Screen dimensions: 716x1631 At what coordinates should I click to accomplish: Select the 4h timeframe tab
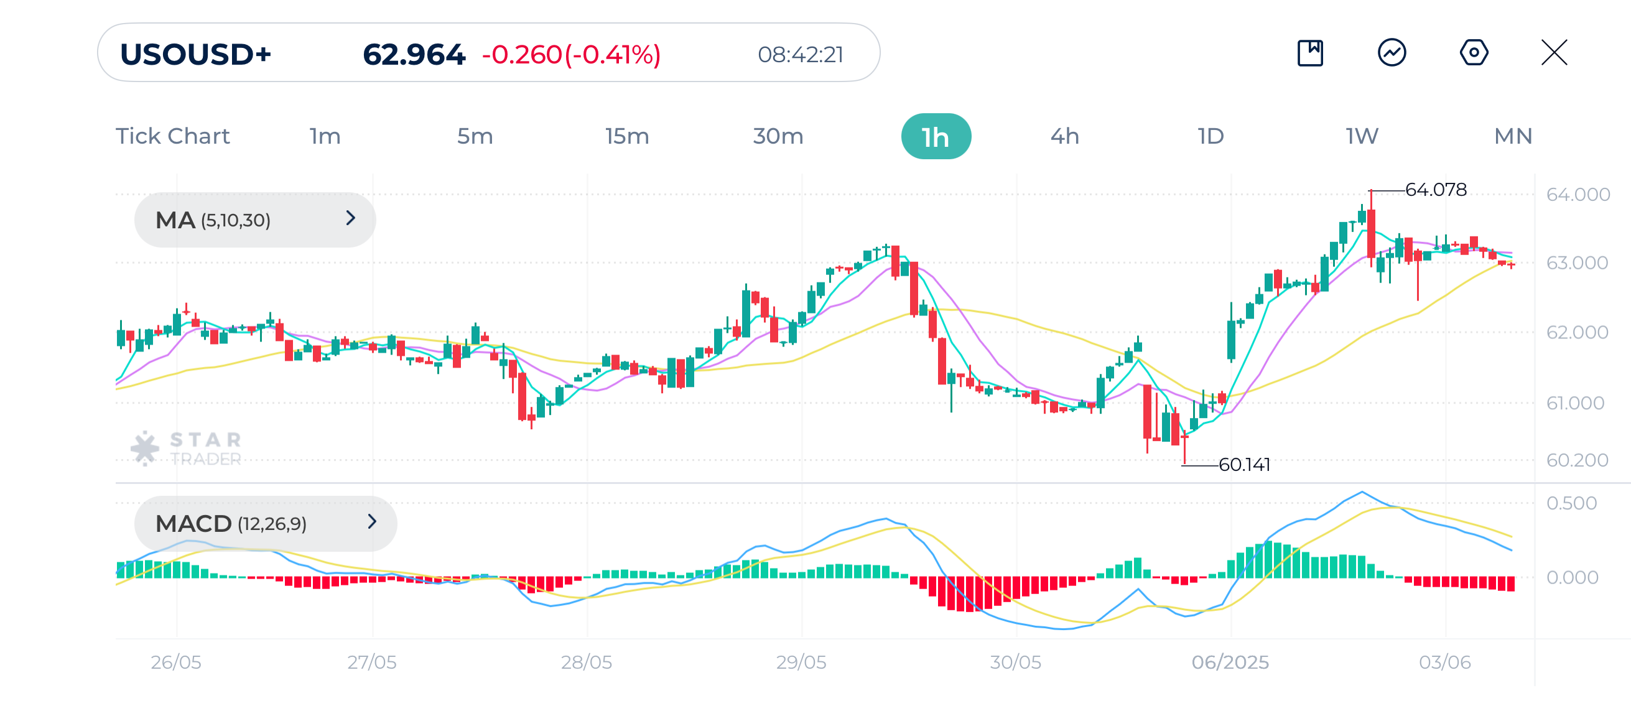[x=1064, y=136]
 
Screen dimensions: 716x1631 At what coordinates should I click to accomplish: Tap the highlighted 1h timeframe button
[x=935, y=137]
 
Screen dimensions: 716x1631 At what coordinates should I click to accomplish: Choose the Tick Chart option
[x=172, y=136]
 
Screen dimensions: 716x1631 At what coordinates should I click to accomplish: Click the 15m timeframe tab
[x=626, y=136]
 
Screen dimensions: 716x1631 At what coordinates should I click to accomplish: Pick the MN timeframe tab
[x=1512, y=136]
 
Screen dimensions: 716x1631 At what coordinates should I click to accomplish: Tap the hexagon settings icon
[x=1474, y=52]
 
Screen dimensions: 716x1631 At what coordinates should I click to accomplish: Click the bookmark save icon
[x=1309, y=52]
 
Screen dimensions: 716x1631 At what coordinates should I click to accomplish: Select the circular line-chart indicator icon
[x=1391, y=52]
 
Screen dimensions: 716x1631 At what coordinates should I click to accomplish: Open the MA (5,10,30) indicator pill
[x=254, y=220]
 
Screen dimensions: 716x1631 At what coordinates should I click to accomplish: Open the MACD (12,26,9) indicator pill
[x=264, y=523]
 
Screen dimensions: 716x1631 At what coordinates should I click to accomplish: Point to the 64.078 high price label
[x=1435, y=189]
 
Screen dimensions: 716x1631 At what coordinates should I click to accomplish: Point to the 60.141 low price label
[x=1243, y=465]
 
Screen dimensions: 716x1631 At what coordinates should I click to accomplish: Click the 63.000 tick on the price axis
[x=1576, y=263]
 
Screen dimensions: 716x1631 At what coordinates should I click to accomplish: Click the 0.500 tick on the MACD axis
[x=1571, y=503]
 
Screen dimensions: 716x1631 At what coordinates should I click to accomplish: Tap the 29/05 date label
[x=801, y=662]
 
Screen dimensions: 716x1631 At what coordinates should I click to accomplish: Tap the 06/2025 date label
[x=1230, y=662]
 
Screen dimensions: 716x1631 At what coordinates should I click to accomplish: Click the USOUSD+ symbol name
[x=196, y=55]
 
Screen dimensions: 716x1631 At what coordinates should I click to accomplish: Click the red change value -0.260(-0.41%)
[x=571, y=55]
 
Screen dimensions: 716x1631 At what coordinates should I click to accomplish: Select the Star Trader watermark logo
[x=187, y=449]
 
